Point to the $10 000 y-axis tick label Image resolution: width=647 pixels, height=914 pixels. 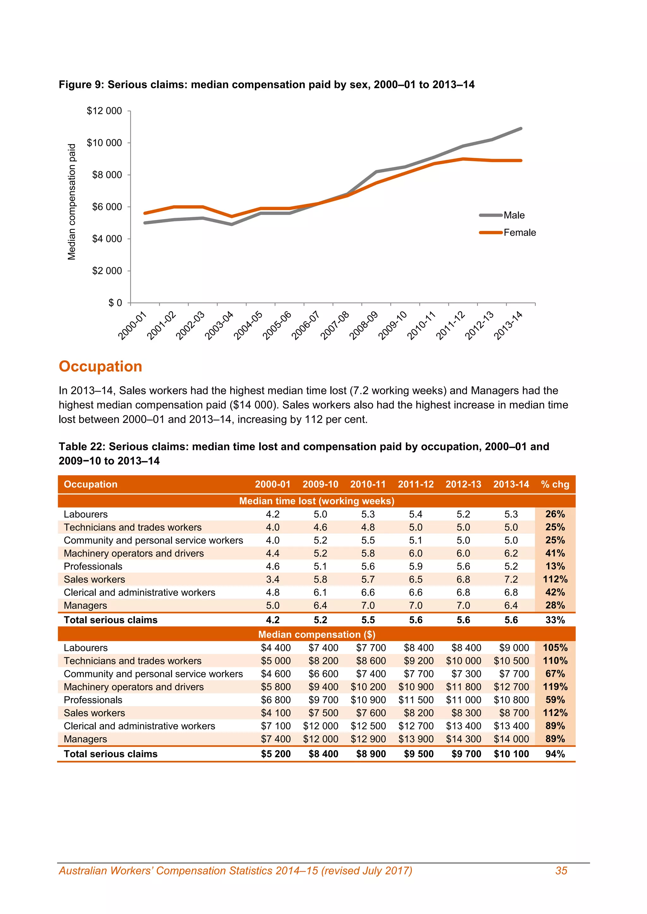pos(104,143)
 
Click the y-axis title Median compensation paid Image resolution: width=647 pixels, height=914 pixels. pos(72,202)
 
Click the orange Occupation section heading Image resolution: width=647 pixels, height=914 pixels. pos(100,366)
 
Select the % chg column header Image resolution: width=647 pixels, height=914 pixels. pos(555,484)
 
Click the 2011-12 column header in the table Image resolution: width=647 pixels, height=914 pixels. pos(415,484)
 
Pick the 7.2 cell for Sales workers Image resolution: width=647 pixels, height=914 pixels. pos(511,579)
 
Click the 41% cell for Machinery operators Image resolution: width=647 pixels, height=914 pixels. pos(555,553)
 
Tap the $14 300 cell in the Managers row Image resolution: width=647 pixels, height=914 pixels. pos(463,739)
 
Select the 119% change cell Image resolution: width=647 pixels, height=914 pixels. pos(555,687)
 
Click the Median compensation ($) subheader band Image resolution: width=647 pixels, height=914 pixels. pos(316,635)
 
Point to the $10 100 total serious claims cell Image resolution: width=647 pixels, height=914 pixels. pos(511,754)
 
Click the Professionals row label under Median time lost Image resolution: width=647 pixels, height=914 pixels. pos(93,567)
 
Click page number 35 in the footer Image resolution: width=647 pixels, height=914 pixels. pos(561,871)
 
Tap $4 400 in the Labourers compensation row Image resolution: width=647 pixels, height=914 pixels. pos(276,648)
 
